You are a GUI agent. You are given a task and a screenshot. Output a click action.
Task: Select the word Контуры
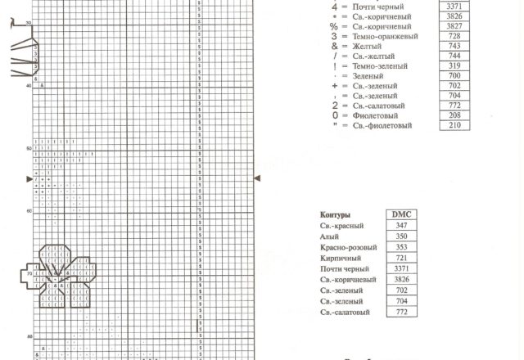[x=335, y=214]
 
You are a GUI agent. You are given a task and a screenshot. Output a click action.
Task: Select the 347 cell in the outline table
[x=400, y=225]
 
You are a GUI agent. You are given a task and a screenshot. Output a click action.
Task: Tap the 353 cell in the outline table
[x=400, y=247]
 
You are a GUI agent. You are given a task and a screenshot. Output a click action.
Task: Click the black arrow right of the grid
[x=258, y=177]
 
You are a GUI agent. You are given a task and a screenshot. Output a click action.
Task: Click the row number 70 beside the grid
[x=29, y=273]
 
